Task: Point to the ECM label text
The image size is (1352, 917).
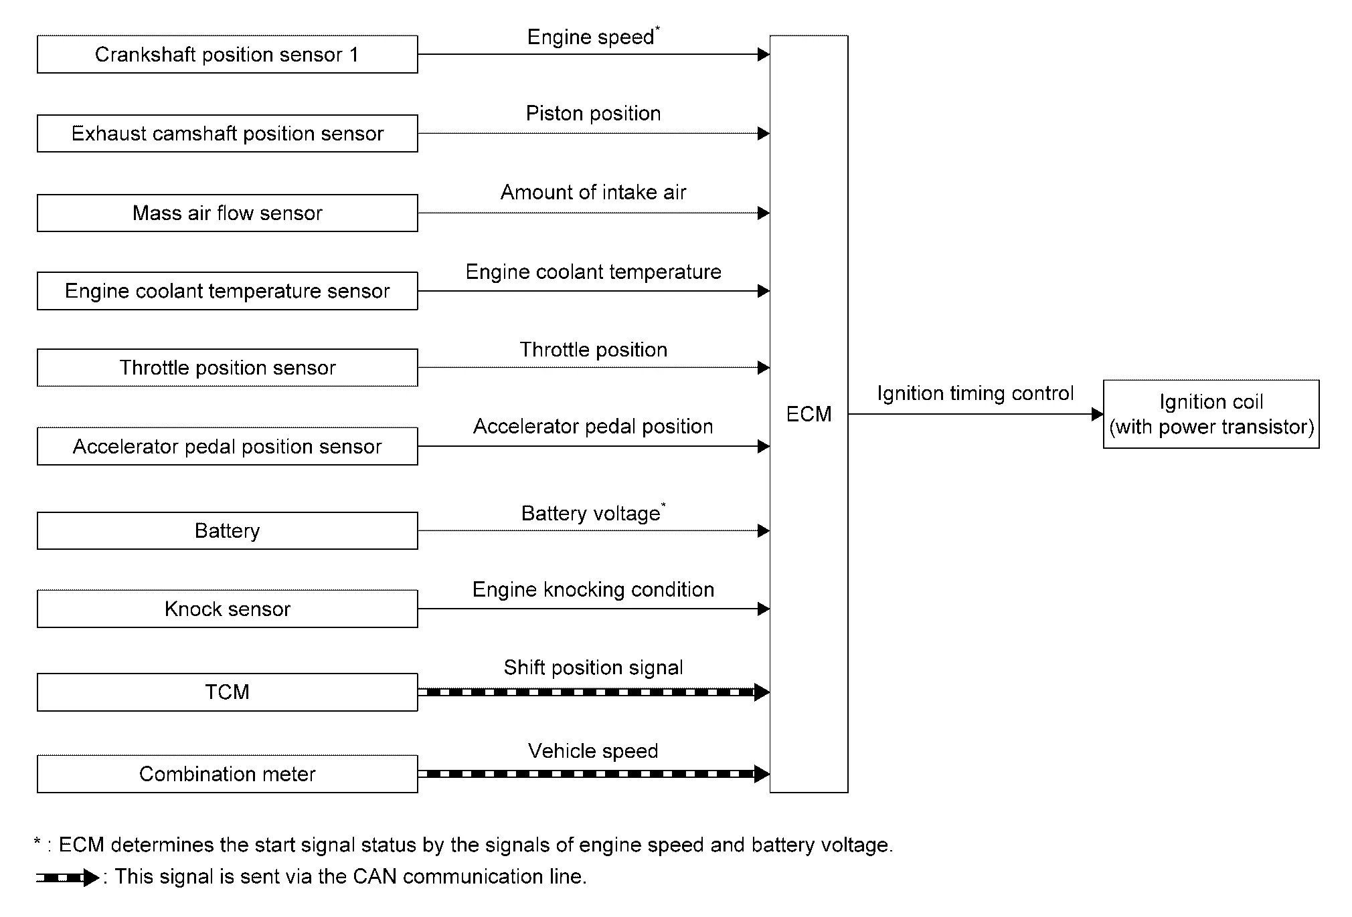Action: tap(809, 414)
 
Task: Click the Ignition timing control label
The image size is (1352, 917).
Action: tap(975, 393)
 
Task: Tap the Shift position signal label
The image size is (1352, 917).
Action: tap(593, 668)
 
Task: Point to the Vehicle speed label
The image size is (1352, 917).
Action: tap(593, 750)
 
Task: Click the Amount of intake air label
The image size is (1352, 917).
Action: tap(593, 192)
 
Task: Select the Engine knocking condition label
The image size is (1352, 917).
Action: tap(593, 589)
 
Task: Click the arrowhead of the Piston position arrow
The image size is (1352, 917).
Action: tap(764, 133)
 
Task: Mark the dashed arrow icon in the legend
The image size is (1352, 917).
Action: tap(68, 877)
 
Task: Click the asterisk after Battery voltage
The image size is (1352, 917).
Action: tap(663, 505)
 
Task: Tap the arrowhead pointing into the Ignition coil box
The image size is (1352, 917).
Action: tap(1097, 414)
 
